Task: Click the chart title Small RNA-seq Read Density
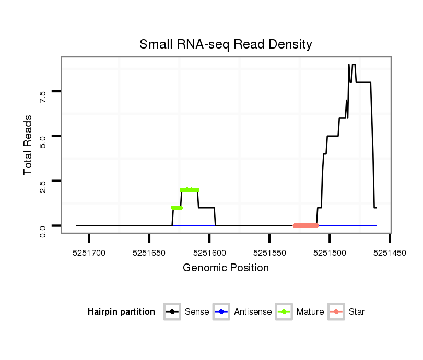[226, 44]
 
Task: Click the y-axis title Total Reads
[28, 145]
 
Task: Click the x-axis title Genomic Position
[226, 268]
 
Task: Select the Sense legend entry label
[197, 312]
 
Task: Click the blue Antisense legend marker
[222, 312]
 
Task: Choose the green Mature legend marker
[284, 312]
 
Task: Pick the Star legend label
[356, 312]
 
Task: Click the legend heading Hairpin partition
[121, 312]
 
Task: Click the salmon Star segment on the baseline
[305, 226]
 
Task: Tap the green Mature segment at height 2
[190, 190]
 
